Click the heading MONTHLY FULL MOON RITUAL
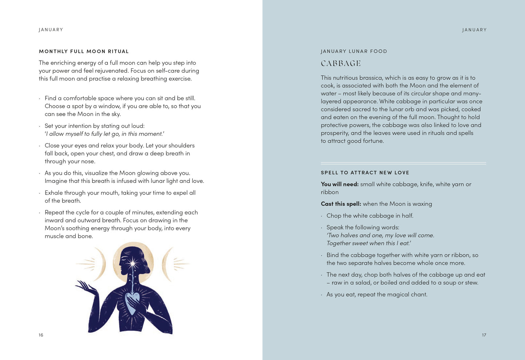84,51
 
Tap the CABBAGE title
340,64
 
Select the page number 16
41,335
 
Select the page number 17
484,335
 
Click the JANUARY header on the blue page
474,30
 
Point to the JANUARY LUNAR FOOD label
354,51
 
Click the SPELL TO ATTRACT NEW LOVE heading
365,173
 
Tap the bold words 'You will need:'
340,184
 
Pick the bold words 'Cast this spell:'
341,204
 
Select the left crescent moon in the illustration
100,264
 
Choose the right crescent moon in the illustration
166,264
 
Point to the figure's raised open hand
84,287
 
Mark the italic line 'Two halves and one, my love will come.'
380,235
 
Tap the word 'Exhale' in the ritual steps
55,193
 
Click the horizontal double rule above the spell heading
403,163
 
